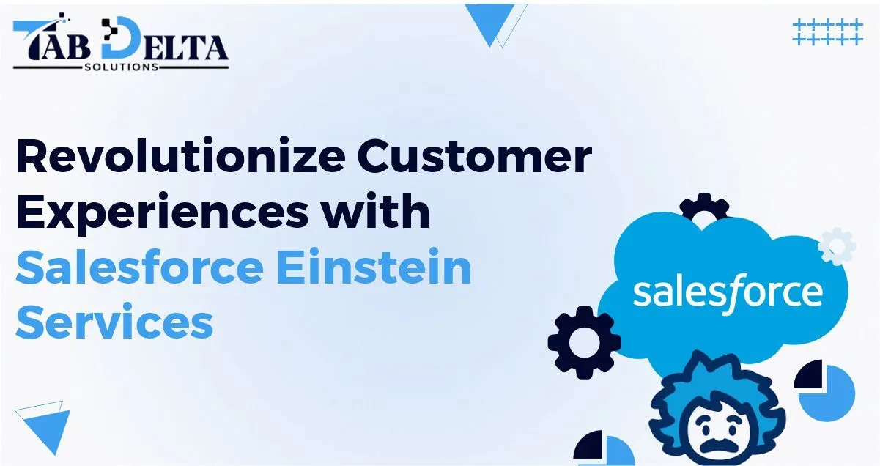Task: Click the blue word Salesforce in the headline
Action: [x=138, y=268]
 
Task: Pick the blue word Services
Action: [x=114, y=323]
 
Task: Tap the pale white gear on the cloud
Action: [x=836, y=247]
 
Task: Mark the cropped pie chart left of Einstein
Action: [x=604, y=448]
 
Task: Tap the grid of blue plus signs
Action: [x=827, y=32]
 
